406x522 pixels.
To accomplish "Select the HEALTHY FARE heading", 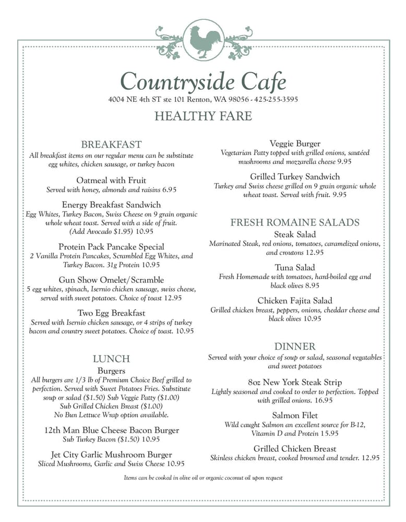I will tap(203, 116).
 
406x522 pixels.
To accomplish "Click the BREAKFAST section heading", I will tap(111, 144).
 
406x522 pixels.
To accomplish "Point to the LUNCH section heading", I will tap(111, 359).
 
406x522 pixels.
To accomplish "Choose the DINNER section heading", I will tap(295, 346).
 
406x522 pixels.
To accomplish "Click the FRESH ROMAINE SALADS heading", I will tap(295, 222).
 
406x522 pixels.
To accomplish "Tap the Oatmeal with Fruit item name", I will tap(111, 181).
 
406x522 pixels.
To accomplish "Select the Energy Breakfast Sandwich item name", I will tap(111, 205).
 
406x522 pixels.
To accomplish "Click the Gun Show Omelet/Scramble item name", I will tap(111, 280).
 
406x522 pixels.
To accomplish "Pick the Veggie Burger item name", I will tap(295, 144).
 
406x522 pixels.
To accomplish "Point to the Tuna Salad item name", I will tap(295, 267).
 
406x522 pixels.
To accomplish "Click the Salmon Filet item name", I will tap(295, 416).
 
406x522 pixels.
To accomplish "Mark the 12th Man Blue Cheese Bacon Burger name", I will tap(111, 430).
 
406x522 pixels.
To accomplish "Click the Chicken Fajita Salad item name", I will tap(295, 301).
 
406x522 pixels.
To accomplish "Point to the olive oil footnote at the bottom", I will tap(203, 478).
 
